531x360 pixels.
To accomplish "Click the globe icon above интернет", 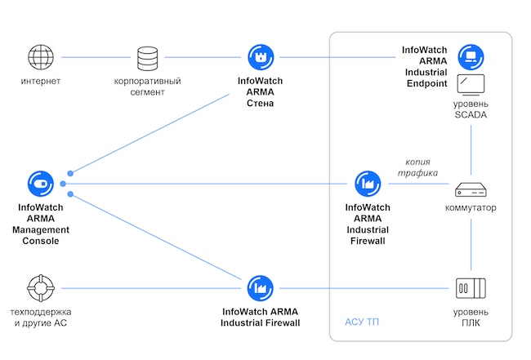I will point(40,57).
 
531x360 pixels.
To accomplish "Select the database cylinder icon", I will point(148,57).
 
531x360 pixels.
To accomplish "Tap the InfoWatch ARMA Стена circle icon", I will point(260,57).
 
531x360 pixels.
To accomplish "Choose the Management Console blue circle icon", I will point(40,183).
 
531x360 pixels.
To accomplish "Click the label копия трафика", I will point(418,167).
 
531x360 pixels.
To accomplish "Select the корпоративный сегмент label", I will point(148,87).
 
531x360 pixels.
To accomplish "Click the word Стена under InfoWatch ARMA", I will point(260,104).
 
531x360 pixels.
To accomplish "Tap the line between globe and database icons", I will point(93,57).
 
